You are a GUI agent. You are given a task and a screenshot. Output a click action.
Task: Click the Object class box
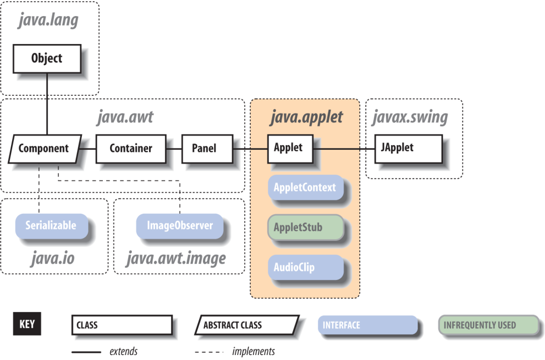[47, 58]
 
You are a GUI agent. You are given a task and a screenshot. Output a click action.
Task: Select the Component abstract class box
[44, 149]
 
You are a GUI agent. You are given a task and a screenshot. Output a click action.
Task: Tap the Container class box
[131, 149]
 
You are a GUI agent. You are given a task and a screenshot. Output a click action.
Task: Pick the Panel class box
[204, 149]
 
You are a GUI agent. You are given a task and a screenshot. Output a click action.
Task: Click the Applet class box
[288, 148]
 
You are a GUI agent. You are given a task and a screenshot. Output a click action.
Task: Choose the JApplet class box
[408, 149]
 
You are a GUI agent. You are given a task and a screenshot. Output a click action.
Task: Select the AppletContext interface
[305, 188]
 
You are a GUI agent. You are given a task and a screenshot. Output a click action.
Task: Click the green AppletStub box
[305, 228]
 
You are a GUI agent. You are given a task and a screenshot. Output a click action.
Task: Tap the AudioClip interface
[305, 268]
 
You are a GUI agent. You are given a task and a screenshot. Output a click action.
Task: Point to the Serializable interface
[51, 226]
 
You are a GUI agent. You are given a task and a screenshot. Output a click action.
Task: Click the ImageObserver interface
[180, 226]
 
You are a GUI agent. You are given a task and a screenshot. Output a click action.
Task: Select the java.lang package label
[48, 21]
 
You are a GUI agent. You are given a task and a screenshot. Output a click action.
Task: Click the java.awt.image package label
[176, 259]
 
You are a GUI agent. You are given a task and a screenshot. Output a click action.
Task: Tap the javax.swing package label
[409, 117]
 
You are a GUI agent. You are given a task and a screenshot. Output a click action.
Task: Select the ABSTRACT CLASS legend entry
[246, 326]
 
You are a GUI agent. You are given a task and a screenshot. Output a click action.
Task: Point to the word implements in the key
[253, 351]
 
